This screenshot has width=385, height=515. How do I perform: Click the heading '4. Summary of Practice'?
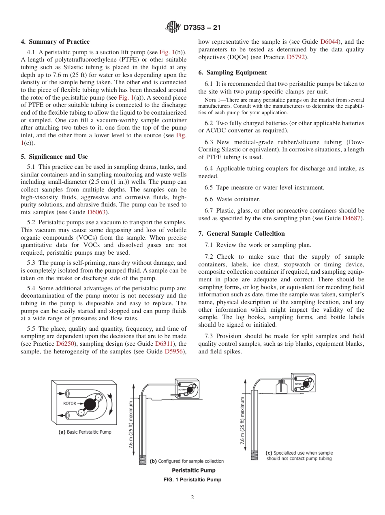tap(55, 42)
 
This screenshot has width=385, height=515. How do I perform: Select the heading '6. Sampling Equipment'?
tap(233, 72)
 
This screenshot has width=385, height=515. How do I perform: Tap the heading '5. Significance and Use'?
tap(54, 157)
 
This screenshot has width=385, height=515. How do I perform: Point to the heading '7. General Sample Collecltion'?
tap(242, 234)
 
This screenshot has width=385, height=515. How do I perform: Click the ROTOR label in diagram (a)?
tap(69, 404)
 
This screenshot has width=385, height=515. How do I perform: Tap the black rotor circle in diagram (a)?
tap(90, 404)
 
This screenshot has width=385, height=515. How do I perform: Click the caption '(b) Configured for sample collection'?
tap(186, 461)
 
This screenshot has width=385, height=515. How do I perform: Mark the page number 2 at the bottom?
tap(192, 498)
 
